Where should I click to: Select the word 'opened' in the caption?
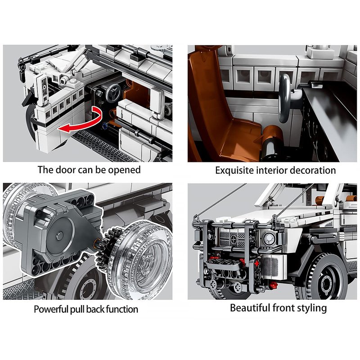124,171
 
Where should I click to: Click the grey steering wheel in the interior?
285,98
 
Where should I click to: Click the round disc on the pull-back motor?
60,235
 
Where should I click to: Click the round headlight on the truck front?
269,239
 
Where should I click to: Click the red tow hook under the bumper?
273,285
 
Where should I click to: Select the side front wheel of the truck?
324,278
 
